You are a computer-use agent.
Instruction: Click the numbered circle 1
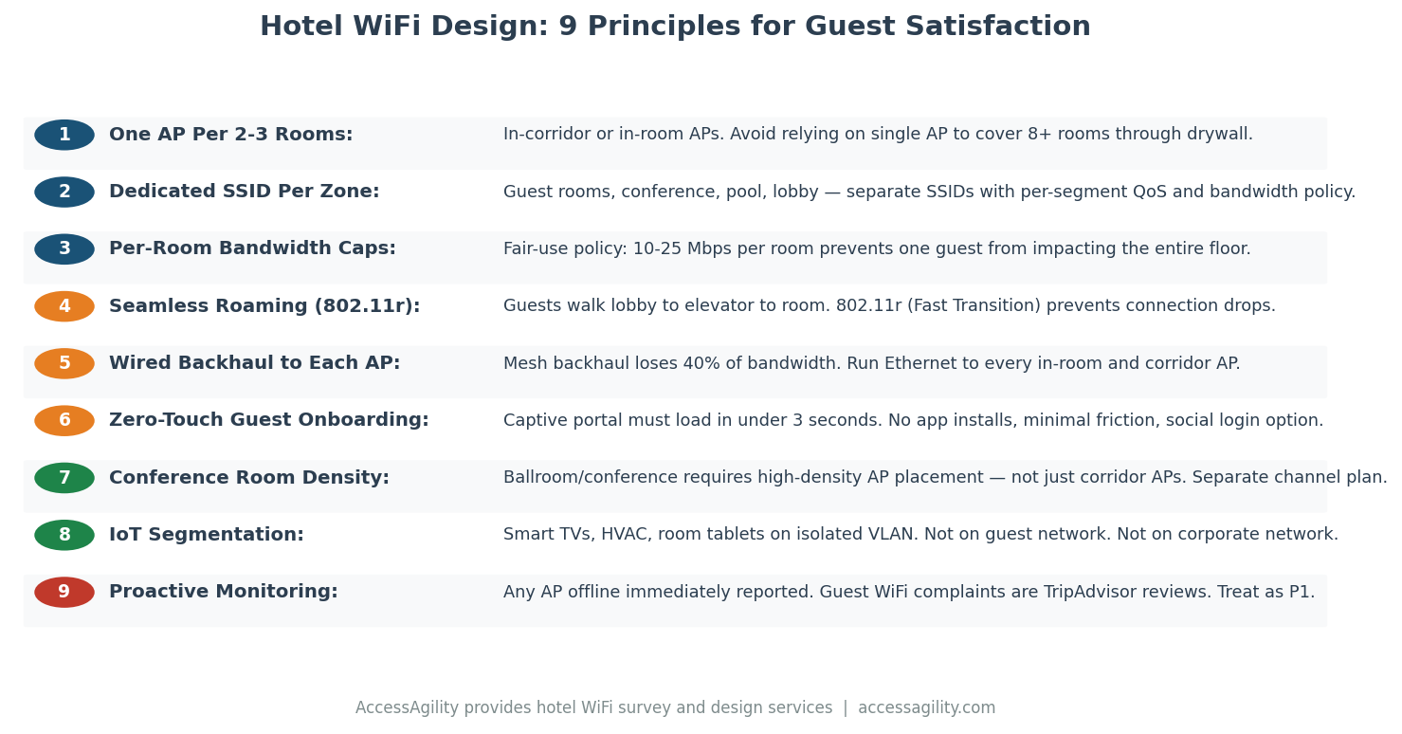pos(64,135)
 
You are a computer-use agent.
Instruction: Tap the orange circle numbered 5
pos(64,363)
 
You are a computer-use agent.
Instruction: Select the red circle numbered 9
pos(64,593)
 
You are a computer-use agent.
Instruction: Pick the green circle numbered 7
pos(64,478)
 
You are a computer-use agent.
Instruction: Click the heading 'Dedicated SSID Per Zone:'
pos(244,192)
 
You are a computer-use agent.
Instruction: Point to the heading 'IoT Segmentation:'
pos(206,535)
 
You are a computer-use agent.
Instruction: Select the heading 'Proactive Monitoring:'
pos(223,593)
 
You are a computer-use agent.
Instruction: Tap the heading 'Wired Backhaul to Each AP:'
pos(254,363)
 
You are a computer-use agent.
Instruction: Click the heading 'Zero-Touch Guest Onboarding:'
pos(268,420)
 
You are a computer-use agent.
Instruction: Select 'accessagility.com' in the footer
pos(926,708)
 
